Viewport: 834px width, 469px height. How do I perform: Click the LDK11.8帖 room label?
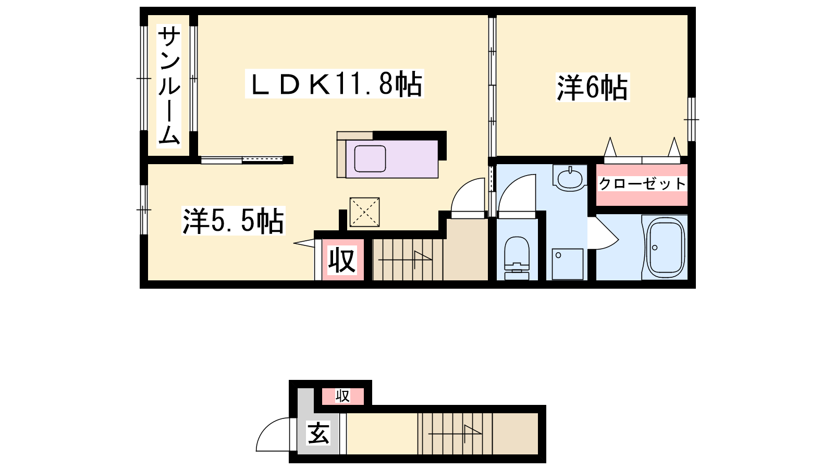click(335, 84)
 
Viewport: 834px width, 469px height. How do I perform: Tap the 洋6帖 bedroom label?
click(592, 87)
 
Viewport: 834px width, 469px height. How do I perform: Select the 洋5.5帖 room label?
click(233, 221)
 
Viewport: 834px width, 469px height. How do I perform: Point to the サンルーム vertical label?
click(169, 86)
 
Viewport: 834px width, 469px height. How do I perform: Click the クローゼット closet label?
click(642, 184)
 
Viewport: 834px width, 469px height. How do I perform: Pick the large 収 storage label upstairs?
click(342, 260)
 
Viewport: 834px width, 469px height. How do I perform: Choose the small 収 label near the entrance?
click(342, 397)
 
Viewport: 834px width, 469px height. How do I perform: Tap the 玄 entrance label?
click(318, 433)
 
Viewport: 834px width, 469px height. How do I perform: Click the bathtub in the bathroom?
click(665, 248)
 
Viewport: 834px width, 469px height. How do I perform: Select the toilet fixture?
click(517, 257)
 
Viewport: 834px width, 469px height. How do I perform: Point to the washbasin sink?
click(570, 179)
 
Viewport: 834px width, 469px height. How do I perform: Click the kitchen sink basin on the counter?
click(370, 158)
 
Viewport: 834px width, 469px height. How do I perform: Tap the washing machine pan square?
click(568, 264)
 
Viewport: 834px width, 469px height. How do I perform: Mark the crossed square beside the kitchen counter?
click(364, 212)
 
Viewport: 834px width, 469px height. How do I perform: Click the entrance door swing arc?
click(272, 436)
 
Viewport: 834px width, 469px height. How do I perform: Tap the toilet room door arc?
click(516, 195)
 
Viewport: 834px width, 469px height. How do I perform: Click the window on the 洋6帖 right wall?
click(692, 119)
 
